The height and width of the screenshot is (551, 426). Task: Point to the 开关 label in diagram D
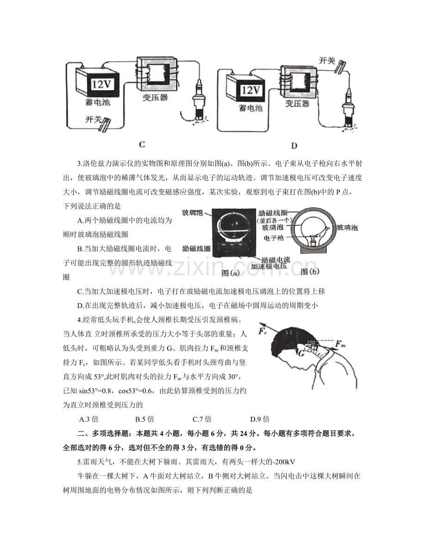(x=328, y=61)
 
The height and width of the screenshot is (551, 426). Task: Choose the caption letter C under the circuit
(x=142, y=144)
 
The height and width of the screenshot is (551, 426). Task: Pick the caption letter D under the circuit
(x=294, y=146)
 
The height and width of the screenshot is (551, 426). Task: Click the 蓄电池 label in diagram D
(x=251, y=108)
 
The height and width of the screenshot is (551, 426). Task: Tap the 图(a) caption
(x=230, y=273)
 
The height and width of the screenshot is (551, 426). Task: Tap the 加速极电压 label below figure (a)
(x=269, y=266)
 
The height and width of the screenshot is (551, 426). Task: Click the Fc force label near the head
(x=263, y=331)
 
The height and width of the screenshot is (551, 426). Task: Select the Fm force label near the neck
(x=340, y=344)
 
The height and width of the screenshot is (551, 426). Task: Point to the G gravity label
(x=301, y=353)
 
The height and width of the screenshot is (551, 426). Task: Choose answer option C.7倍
(x=202, y=420)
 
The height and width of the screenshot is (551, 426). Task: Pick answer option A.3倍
(x=89, y=420)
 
